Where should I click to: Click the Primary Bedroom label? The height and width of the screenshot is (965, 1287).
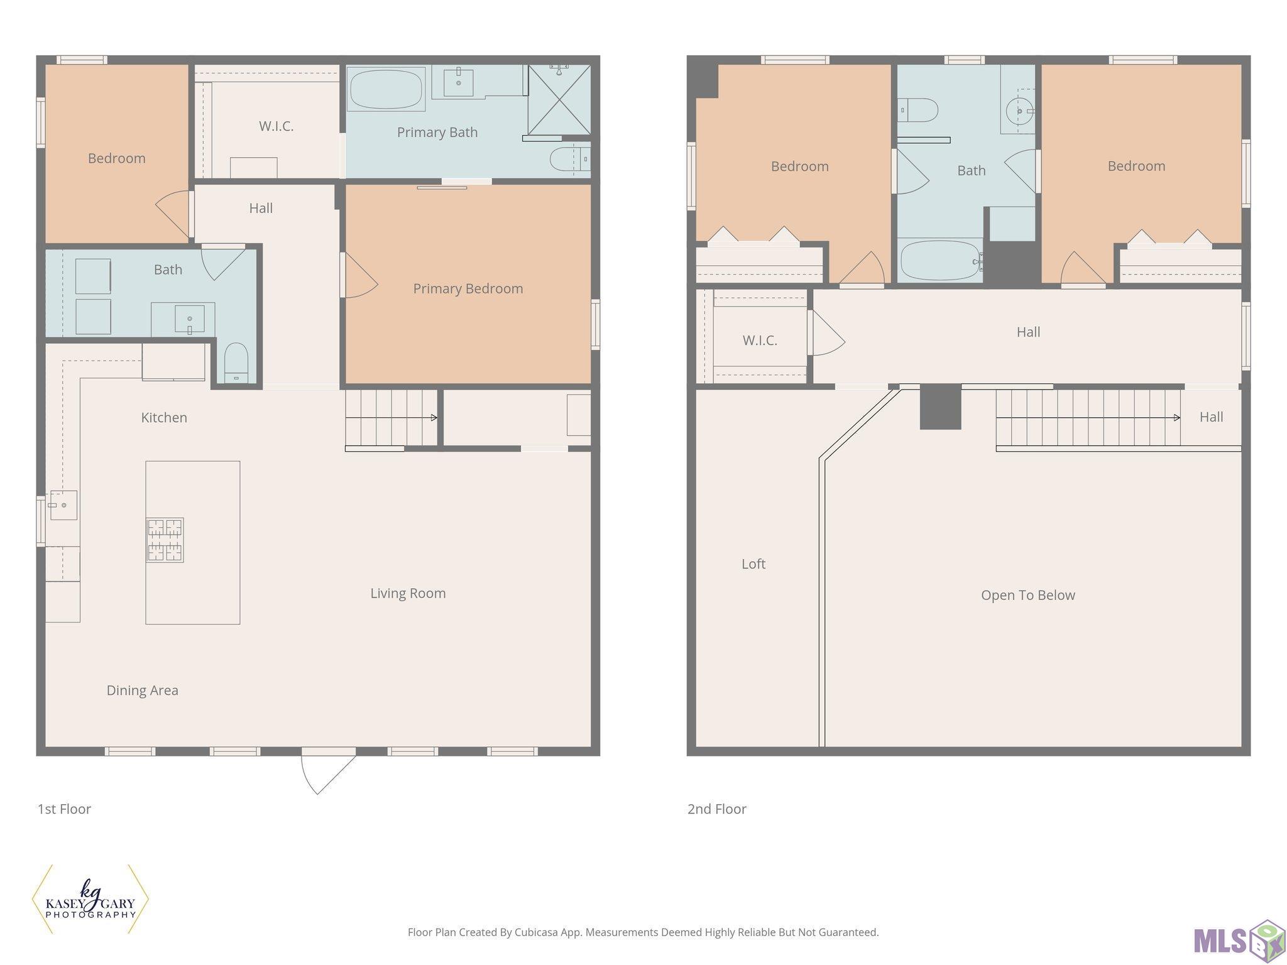coord(468,288)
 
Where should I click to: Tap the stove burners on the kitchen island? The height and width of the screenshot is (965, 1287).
coord(165,540)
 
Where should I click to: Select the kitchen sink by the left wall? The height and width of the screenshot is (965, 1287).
coord(63,505)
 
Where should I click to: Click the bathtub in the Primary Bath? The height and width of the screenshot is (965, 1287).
coord(386,89)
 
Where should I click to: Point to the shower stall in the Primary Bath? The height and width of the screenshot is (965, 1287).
coord(559,99)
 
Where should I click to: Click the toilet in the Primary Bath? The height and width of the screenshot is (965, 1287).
coord(570,160)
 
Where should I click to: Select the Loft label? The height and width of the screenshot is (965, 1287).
coord(753,564)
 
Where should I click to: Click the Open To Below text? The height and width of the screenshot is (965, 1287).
coord(1028,595)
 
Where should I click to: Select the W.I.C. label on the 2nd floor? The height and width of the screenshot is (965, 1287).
coord(760,341)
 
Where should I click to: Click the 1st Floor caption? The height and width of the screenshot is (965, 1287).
coord(64,809)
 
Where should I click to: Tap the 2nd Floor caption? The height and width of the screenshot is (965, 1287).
coord(717,809)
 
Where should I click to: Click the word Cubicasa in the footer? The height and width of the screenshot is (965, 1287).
coord(539,932)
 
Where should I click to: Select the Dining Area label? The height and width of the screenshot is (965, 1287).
coord(142,690)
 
